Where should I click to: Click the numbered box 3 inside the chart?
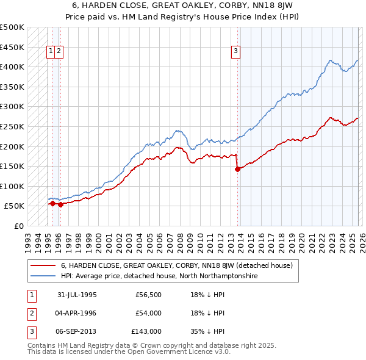point(235,52)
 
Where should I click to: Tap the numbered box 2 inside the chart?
point(59,52)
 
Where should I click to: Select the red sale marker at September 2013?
point(237,170)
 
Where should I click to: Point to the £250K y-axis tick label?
point(12,126)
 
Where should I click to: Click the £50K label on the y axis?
point(14,206)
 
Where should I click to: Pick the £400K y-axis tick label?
point(12,67)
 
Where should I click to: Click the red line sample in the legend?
point(43,265)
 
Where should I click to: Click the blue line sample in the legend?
point(43,276)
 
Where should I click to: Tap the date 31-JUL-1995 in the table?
point(77,295)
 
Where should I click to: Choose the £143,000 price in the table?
point(146,331)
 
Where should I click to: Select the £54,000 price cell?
point(148,313)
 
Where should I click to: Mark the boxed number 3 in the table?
point(31,331)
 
